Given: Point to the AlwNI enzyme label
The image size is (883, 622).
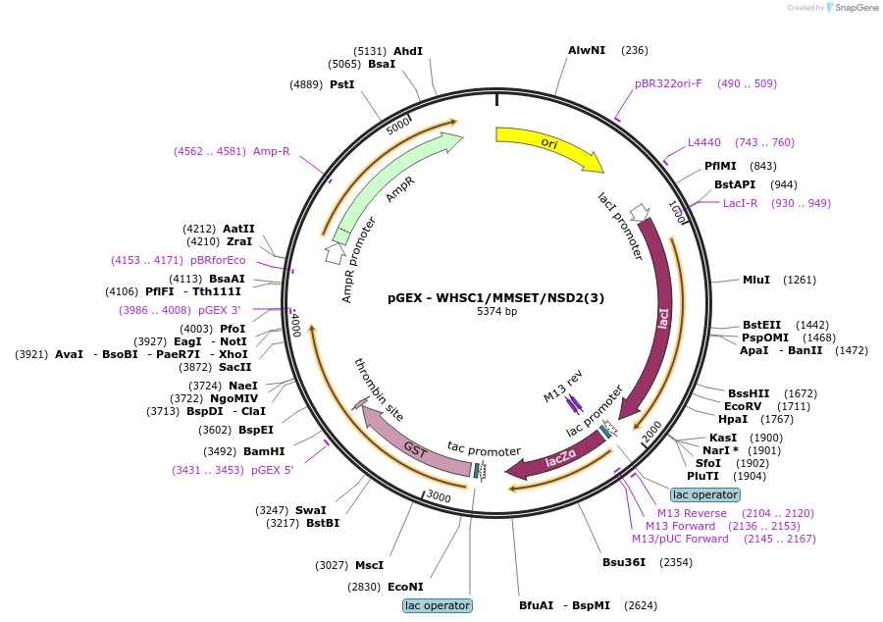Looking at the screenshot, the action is (x=587, y=50).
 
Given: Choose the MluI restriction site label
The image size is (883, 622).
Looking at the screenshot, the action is (x=756, y=280).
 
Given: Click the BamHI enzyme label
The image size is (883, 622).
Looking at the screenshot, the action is (x=264, y=451).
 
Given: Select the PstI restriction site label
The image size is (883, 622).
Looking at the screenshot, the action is (x=341, y=84).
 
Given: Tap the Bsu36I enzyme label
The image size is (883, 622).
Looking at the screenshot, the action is (x=624, y=562).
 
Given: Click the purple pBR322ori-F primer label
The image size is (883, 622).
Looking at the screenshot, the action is (x=668, y=83).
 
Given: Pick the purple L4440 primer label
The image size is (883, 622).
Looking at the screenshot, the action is (x=703, y=142).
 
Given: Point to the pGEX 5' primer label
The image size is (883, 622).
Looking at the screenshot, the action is (x=273, y=470).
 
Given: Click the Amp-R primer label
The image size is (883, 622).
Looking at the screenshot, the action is (x=272, y=151).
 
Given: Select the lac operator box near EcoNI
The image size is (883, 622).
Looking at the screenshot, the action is (x=438, y=605).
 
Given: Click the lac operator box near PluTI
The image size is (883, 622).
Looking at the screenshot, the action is (x=705, y=494).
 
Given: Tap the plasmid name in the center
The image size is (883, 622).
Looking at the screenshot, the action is (x=496, y=298).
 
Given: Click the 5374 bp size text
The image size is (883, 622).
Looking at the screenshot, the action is (x=496, y=311).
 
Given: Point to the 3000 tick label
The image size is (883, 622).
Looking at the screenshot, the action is (x=439, y=496).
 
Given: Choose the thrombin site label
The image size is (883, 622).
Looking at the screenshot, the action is (x=379, y=389).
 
